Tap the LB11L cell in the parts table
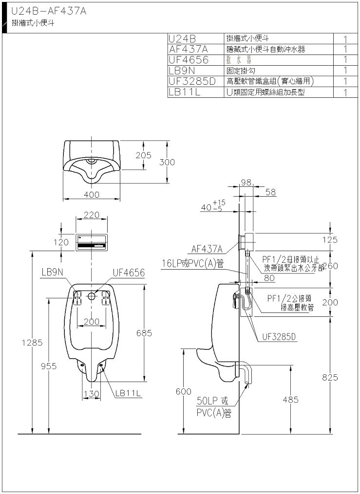185,91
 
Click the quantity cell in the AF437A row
344,49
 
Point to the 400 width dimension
92,195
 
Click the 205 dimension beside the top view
143,155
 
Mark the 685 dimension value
144,333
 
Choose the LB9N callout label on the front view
52,273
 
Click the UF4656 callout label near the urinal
129,273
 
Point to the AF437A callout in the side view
207,249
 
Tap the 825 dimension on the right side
329,377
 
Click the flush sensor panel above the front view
92,242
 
